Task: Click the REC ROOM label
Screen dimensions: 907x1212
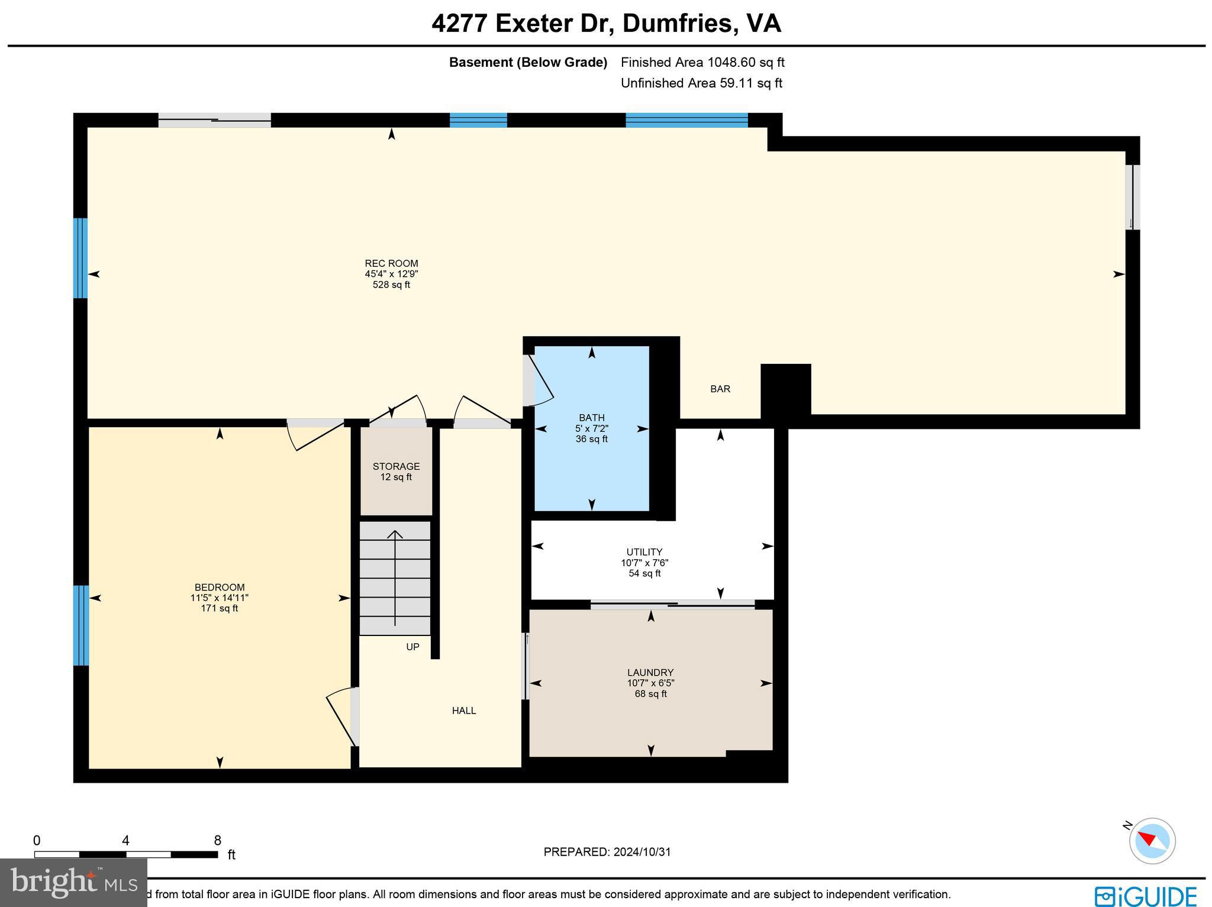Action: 391,264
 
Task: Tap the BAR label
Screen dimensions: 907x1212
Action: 720,389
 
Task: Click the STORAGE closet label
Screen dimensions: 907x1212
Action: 396,467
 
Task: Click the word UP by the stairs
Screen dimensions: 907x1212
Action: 412,647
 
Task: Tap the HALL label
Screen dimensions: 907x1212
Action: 463,711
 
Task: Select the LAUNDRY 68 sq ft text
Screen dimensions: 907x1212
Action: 650,693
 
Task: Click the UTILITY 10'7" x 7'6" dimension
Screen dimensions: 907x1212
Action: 644,563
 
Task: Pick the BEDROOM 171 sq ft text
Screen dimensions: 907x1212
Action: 219,608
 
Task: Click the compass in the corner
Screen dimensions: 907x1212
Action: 1152,841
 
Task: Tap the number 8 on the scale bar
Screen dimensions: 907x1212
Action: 217,841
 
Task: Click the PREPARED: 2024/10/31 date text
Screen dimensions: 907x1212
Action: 607,852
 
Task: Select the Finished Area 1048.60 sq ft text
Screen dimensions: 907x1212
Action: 702,62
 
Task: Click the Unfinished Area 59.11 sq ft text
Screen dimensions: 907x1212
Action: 701,83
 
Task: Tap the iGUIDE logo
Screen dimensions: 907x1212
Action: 1145,896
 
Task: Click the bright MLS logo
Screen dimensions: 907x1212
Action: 73,883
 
